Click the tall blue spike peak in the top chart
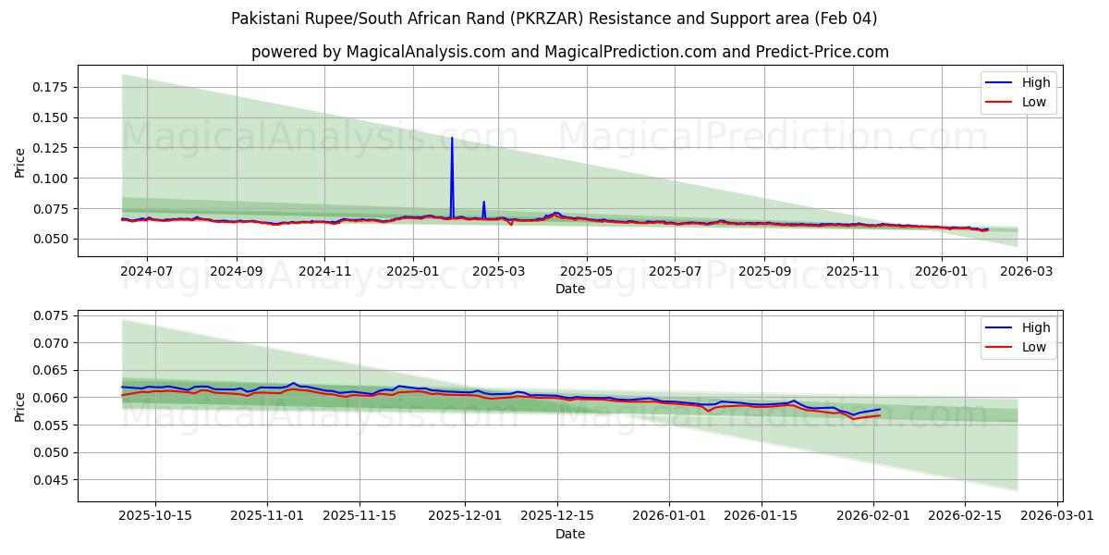pyautogui.click(x=452, y=138)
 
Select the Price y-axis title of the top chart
pyautogui.click(x=20, y=163)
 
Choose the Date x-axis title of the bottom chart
pyautogui.click(x=569, y=534)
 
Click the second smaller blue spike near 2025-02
pyautogui.click(x=483, y=202)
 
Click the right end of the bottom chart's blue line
pyautogui.click(x=880, y=409)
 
